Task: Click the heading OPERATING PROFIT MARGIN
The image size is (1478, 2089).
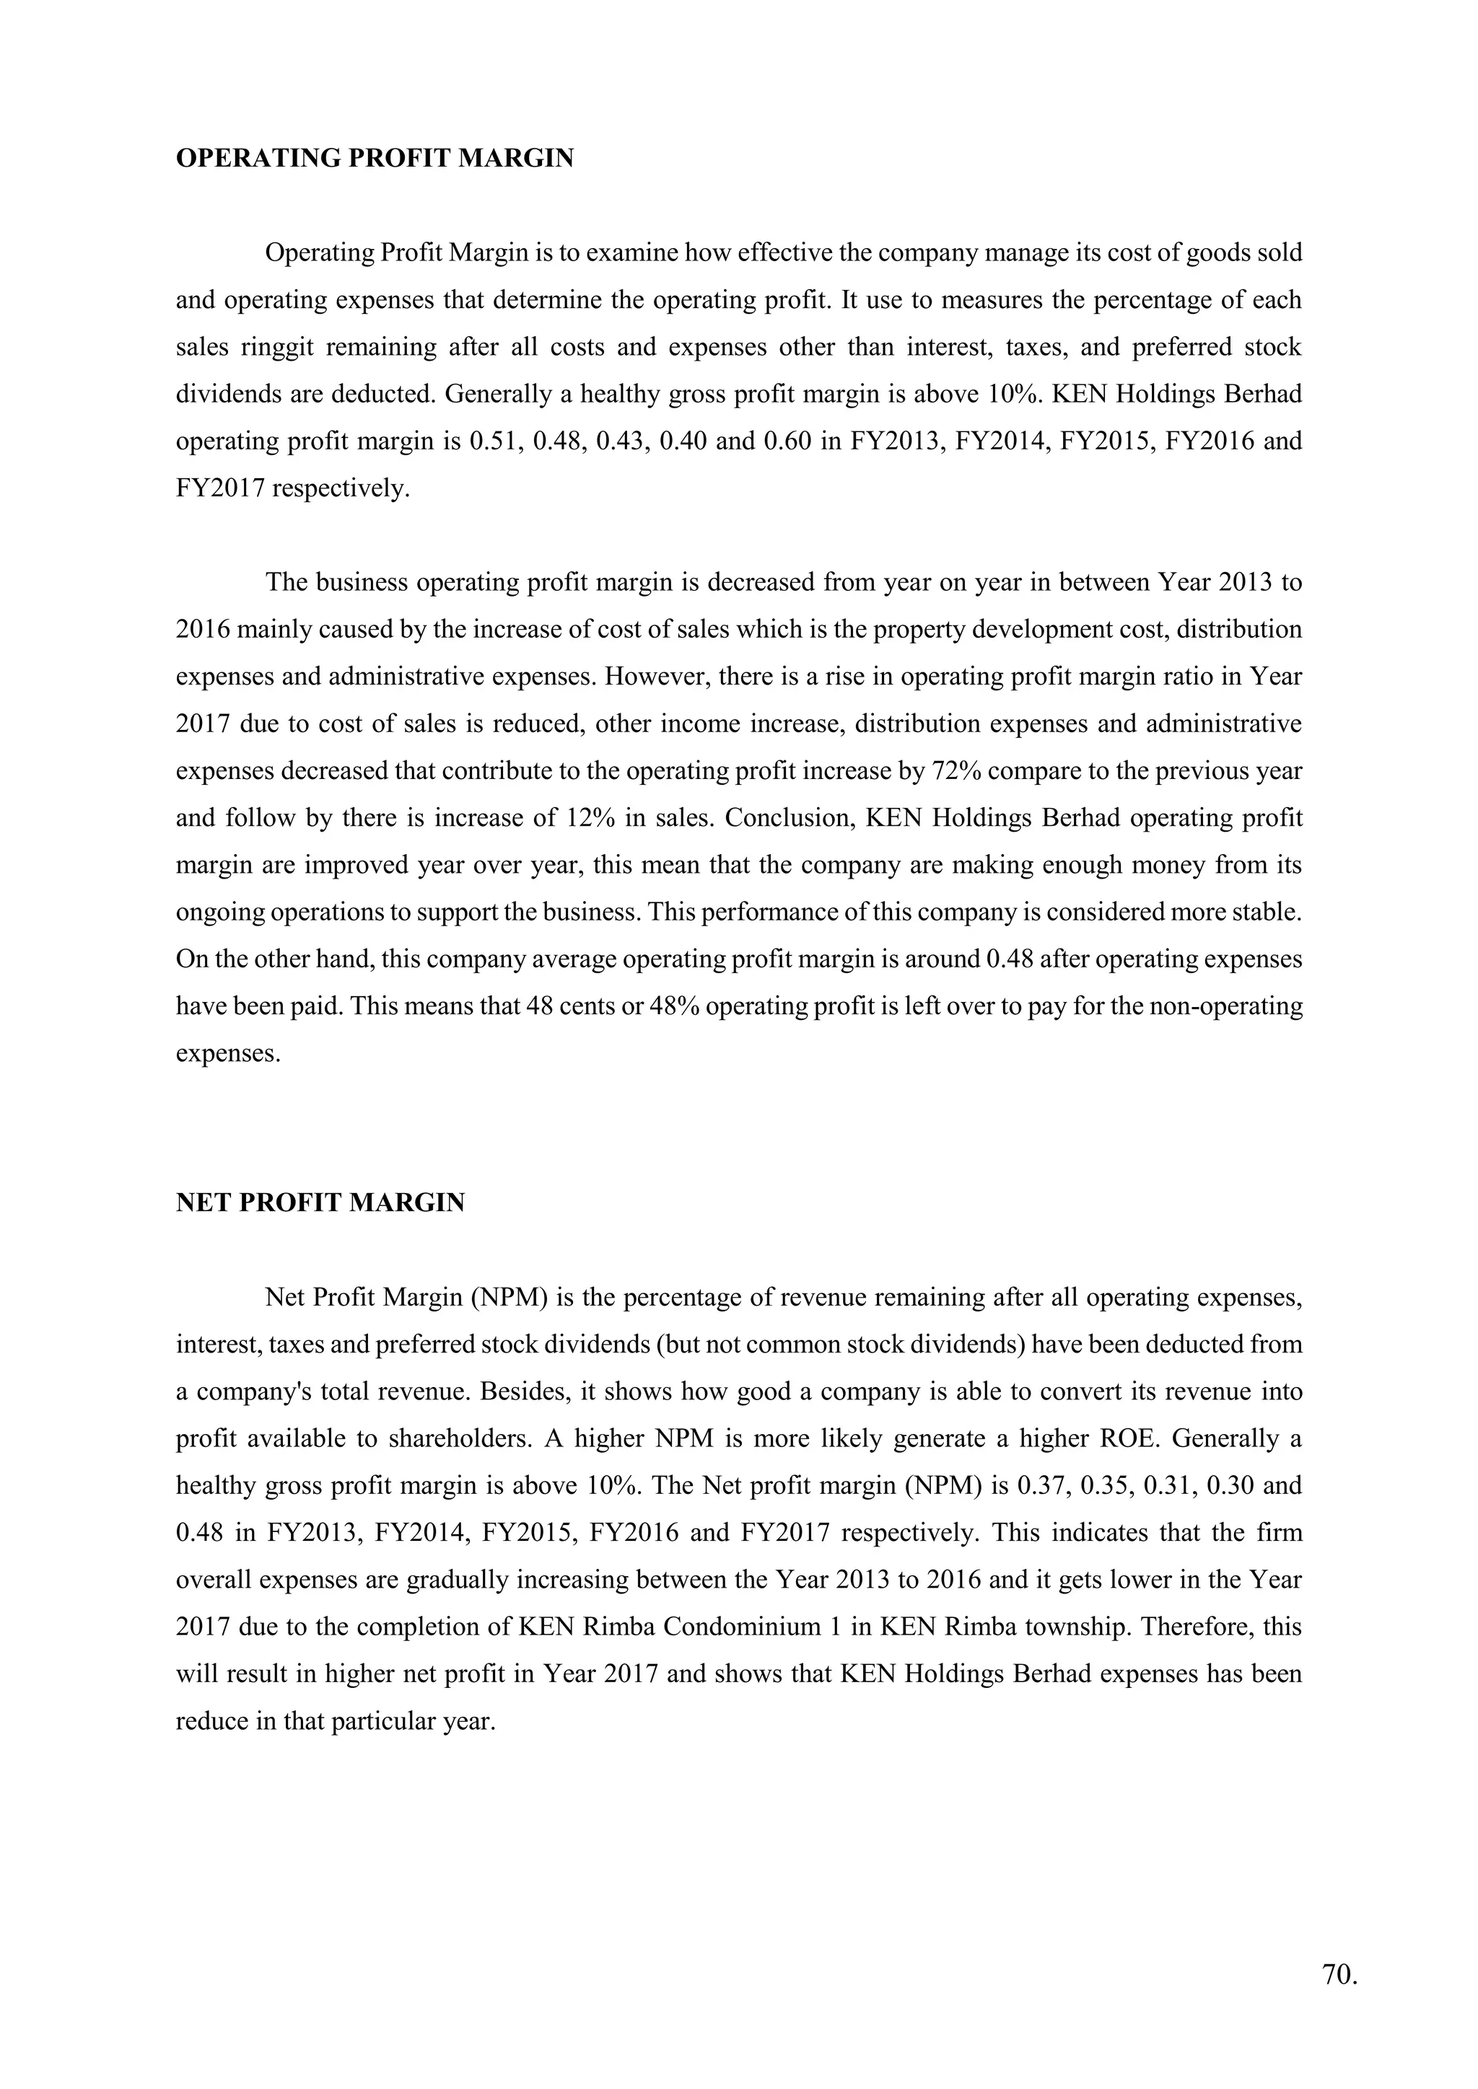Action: click(x=374, y=158)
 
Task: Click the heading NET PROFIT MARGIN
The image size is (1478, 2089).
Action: click(x=320, y=1202)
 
